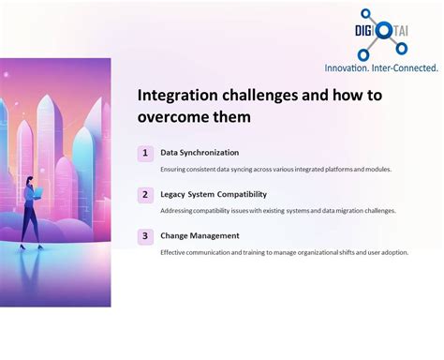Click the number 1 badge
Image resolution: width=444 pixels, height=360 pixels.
145,153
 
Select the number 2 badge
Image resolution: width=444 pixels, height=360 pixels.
145,195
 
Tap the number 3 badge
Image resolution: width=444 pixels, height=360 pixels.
145,236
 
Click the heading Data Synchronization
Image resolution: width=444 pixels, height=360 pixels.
200,153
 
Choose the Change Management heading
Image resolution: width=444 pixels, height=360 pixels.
200,236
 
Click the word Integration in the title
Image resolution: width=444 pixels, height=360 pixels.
177,95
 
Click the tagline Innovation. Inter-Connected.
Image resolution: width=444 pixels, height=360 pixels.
380,67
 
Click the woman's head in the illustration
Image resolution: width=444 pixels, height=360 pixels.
32,180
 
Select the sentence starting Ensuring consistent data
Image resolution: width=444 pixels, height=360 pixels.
275,170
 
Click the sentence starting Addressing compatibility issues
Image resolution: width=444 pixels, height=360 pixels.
277,211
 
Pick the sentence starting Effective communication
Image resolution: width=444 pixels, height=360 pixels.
284,252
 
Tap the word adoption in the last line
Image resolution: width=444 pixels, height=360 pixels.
393,252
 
